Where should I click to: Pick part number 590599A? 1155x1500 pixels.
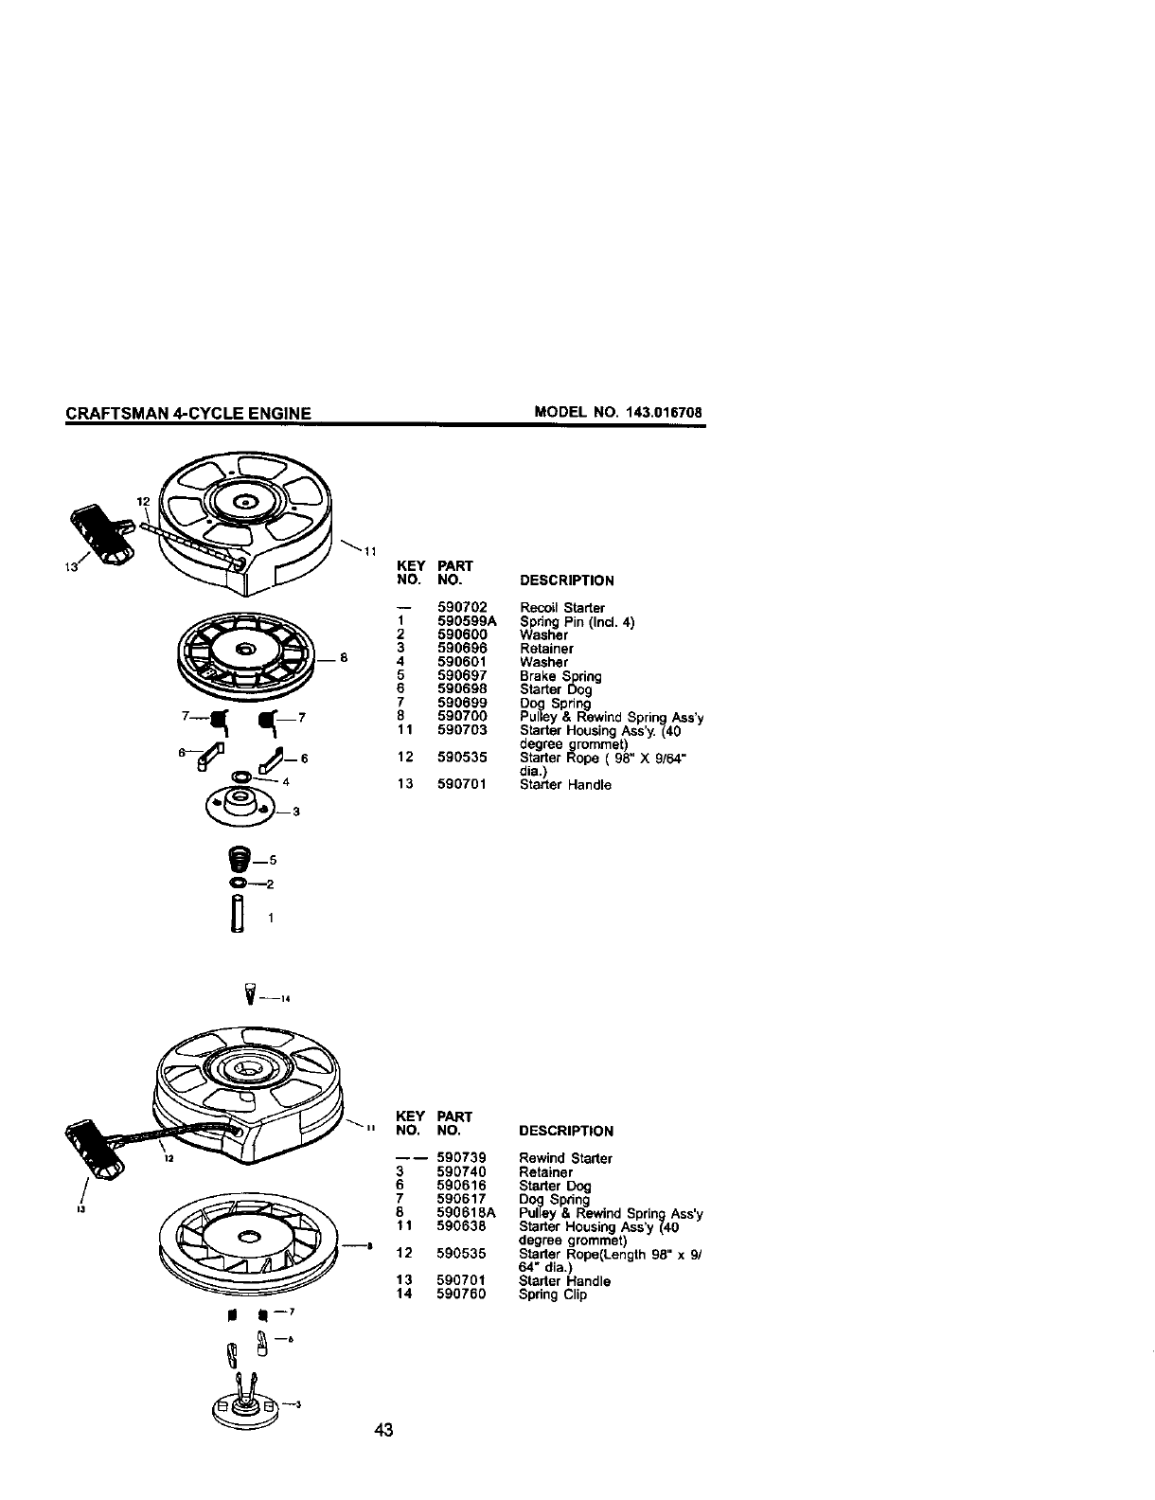click(x=467, y=621)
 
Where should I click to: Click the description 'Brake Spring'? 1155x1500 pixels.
click(x=560, y=676)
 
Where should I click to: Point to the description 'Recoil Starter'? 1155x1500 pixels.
click(x=562, y=607)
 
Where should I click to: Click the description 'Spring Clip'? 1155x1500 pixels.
click(x=553, y=1295)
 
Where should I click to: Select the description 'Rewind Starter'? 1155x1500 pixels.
click(x=566, y=1158)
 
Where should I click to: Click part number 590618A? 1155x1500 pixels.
click(x=467, y=1213)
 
